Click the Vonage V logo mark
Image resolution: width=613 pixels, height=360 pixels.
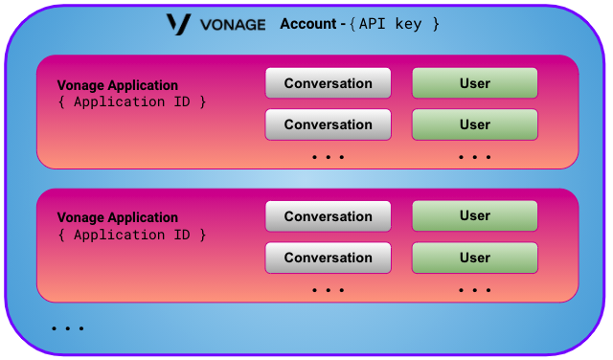coord(177,24)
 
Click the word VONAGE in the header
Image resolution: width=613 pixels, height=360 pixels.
coord(232,24)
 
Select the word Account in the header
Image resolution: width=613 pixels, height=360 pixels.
coord(306,23)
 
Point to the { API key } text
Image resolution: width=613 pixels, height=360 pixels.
coord(395,23)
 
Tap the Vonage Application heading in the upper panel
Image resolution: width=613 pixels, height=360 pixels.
coord(118,85)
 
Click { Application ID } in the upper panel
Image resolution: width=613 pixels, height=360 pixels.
coord(131,101)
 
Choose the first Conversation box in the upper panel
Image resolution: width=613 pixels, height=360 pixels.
coord(328,83)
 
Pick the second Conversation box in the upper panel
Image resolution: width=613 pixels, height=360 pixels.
coord(328,124)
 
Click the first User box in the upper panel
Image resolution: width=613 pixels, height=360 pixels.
coord(474,83)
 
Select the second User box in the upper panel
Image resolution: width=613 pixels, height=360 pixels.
coord(474,124)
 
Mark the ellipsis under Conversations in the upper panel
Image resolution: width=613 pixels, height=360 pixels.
coord(328,156)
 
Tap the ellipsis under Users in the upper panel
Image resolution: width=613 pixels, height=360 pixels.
coord(474,156)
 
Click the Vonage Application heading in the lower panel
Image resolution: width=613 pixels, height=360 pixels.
coord(118,217)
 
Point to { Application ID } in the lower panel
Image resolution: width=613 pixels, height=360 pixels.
coord(131,235)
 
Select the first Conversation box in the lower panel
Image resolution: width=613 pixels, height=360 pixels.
coord(328,216)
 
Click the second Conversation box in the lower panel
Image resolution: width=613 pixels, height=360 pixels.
coord(328,258)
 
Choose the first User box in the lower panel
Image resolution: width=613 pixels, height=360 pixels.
coord(474,216)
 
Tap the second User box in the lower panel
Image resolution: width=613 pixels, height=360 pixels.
coord(474,258)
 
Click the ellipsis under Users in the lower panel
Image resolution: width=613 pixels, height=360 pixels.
coord(474,289)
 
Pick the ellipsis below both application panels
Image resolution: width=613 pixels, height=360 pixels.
coord(68,328)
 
